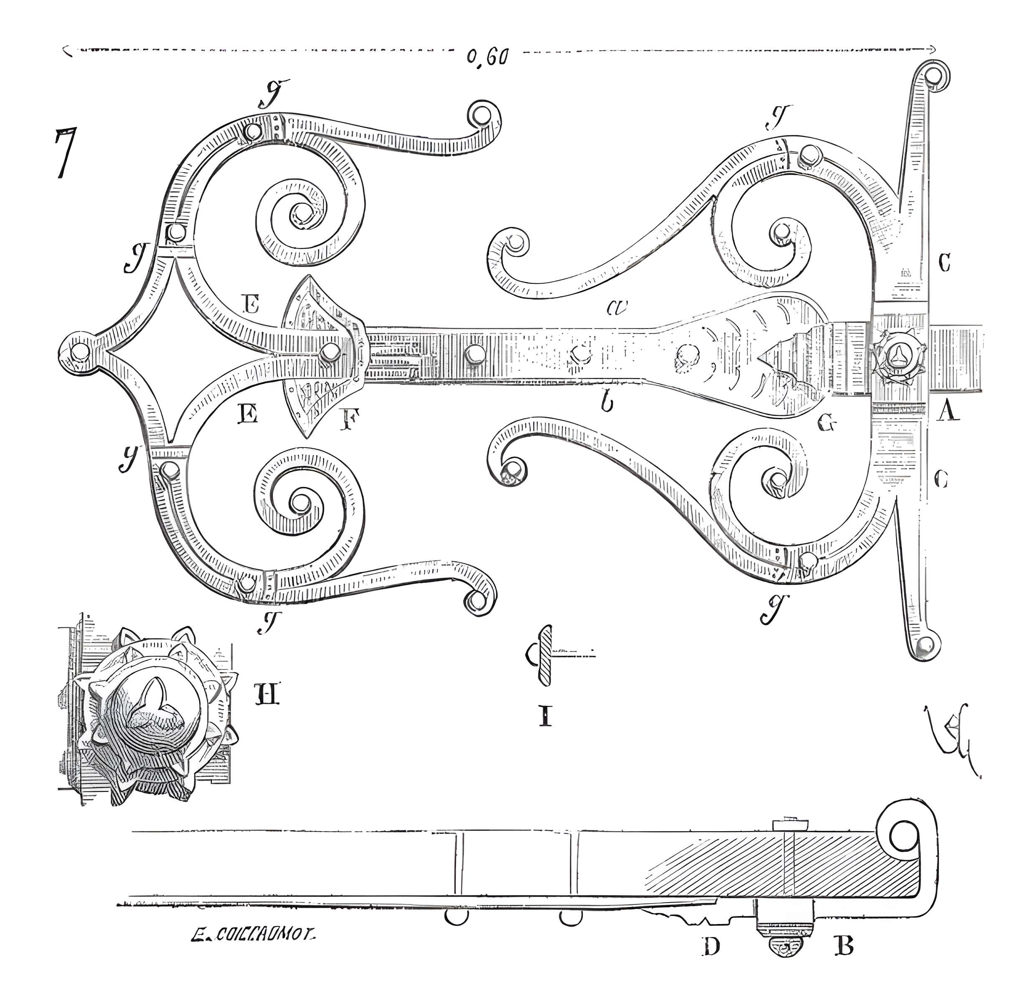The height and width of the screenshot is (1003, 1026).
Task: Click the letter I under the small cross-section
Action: pyautogui.click(x=546, y=715)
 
